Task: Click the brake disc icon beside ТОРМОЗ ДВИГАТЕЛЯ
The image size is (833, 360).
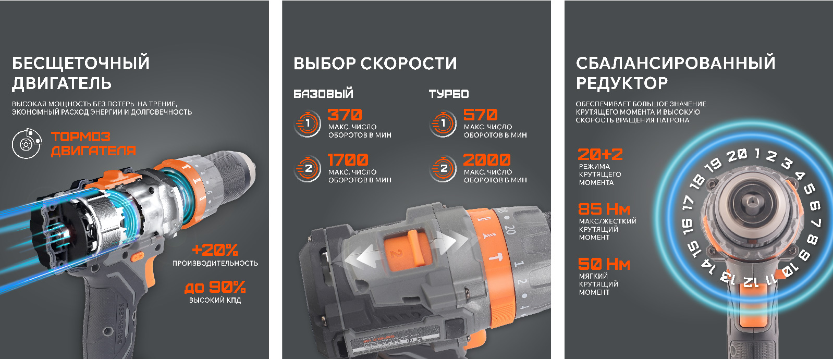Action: pyautogui.click(x=27, y=143)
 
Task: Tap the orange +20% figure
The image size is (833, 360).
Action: pyautogui.click(x=215, y=250)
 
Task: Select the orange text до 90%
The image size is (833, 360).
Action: pyautogui.click(x=215, y=287)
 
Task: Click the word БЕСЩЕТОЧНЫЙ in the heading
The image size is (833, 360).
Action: pyautogui.click(x=81, y=63)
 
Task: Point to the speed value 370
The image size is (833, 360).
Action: pyautogui.click(x=345, y=115)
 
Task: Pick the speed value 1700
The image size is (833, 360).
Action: pyautogui.click(x=348, y=160)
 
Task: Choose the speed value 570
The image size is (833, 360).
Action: pyautogui.click(x=481, y=115)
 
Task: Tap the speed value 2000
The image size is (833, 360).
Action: pyautogui.click(x=487, y=160)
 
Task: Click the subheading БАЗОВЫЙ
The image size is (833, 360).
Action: pyautogui.click(x=323, y=94)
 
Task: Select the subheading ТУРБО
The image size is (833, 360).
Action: pyautogui.click(x=449, y=94)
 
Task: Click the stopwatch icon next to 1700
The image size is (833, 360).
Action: pyautogui.click(x=308, y=168)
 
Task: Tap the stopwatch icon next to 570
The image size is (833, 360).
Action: pyautogui.click(x=443, y=123)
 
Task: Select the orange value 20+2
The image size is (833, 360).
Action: pyautogui.click(x=600, y=154)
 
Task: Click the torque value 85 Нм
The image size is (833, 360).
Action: pyautogui.click(x=604, y=209)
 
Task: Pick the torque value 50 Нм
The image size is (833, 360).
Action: pyautogui.click(x=604, y=264)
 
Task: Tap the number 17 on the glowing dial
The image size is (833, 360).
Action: pyautogui.click(x=688, y=203)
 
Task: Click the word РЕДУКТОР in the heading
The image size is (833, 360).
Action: pyautogui.click(x=622, y=83)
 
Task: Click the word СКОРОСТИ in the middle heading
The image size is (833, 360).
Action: pyautogui.click(x=408, y=64)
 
